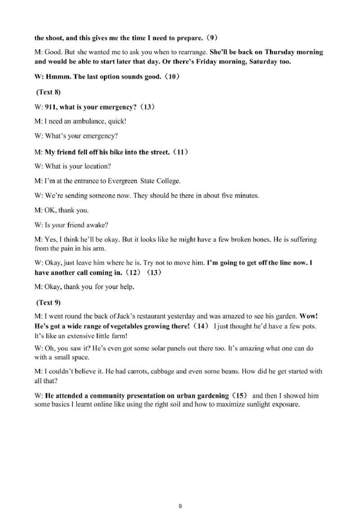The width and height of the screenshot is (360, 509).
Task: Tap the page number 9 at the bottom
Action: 180,493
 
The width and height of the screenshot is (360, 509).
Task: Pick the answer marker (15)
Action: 239,396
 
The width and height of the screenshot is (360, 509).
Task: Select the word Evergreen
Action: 122,181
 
